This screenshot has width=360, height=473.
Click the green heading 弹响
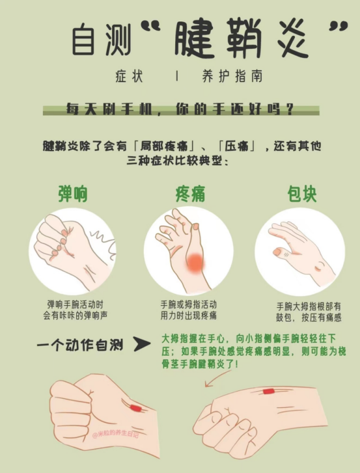(x=73, y=195)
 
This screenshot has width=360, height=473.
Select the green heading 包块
(x=302, y=195)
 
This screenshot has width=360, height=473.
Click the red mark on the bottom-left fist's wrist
(x=135, y=408)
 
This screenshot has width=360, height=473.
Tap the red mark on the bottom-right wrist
(x=269, y=392)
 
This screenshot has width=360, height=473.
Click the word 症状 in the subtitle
(x=127, y=75)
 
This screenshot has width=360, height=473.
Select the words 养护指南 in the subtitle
(x=232, y=75)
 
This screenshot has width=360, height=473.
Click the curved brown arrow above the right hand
(x=217, y=378)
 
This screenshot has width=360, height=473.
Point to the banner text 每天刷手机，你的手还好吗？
(x=180, y=109)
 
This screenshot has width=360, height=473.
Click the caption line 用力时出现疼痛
(x=188, y=316)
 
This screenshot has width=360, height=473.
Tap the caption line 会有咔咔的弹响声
(x=74, y=316)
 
